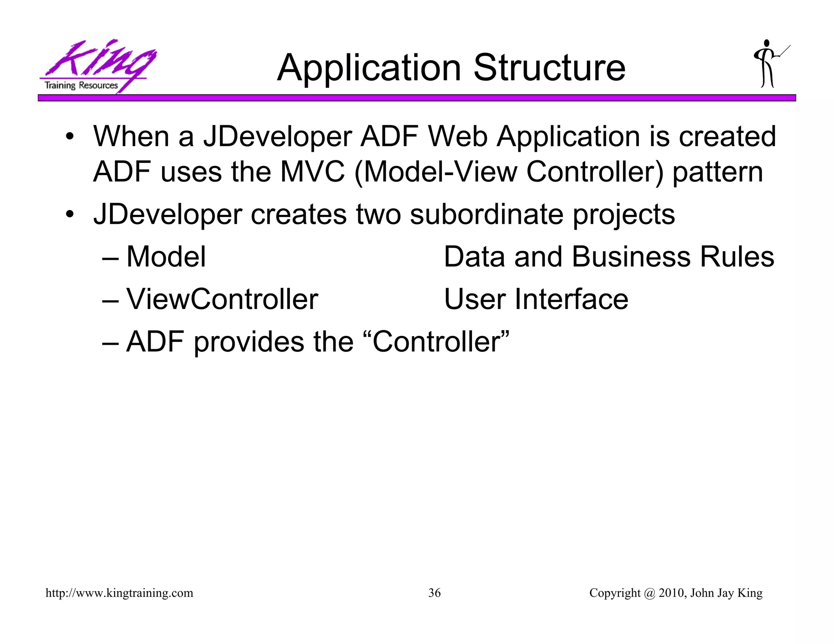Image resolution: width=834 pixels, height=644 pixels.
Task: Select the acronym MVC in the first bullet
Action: point(312,171)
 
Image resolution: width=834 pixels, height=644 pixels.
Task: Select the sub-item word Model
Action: point(166,257)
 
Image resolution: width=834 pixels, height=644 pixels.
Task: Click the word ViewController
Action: point(222,299)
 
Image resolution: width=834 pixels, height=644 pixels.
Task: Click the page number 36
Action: point(434,593)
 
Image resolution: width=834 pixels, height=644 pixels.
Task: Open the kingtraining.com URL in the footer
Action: point(119,593)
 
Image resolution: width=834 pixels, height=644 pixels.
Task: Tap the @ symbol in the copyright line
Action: point(649,593)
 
